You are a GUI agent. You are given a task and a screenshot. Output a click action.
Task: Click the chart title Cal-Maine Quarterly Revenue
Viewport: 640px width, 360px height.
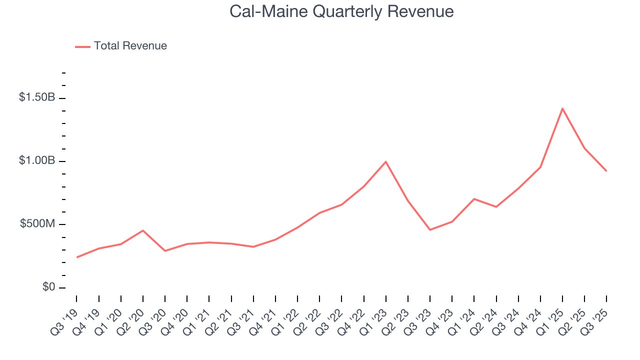[341, 11]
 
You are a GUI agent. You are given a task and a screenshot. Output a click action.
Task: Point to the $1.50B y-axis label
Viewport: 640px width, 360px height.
[37, 97]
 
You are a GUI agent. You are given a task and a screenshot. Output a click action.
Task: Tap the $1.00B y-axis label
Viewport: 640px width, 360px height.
[37, 160]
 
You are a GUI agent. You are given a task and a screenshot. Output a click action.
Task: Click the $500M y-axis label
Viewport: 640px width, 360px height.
[37, 223]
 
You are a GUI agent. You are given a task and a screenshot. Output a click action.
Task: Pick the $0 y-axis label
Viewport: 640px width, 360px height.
[48, 287]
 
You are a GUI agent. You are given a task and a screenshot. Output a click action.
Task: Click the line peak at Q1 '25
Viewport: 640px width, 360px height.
[562, 108]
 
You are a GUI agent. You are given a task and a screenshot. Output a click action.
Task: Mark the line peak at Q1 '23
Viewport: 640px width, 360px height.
[386, 161]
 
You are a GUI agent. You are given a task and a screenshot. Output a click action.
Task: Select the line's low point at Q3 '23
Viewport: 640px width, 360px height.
[430, 229]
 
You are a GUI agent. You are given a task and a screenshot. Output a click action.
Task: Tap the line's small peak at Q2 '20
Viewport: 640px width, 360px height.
[143, 230]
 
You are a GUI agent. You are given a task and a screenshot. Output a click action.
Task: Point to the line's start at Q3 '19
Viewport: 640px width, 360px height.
[77, 257]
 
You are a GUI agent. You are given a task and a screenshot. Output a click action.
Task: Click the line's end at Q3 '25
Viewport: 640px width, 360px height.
[606, 171]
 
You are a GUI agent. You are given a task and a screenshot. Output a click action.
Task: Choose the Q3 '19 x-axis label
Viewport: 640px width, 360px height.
[65, 318]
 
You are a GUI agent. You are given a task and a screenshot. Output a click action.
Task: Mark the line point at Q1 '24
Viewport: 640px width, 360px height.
[474, 199]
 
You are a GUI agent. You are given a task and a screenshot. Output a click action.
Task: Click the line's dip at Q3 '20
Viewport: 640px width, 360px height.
[165, 250]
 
